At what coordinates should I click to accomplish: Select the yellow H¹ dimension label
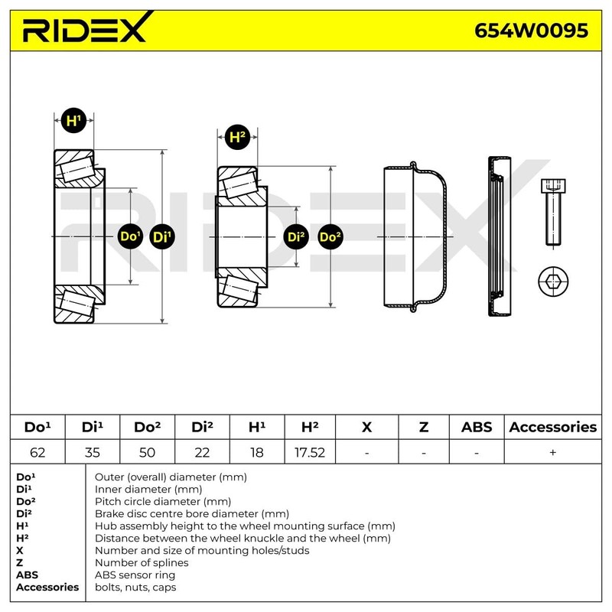tap(73, 121)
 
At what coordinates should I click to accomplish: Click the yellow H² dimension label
tap(238, 138)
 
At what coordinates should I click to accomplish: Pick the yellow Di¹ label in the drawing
tap(162, 237)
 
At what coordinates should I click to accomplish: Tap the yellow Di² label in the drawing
tap(296, 237)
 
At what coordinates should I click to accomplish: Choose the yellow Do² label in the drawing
tap(330, 237)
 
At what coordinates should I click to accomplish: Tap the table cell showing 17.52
tap(310, 452)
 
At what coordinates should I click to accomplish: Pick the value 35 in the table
tap(92, 452)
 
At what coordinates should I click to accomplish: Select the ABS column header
tap(477, 427)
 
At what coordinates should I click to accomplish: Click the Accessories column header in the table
tap(552, 427)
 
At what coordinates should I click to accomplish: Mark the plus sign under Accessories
tap(552, 452)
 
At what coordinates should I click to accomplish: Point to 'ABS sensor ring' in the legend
tap(135, 575)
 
